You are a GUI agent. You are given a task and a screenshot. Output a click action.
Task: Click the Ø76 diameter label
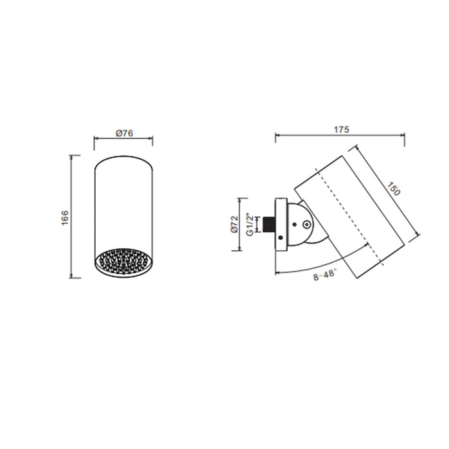point(125,133)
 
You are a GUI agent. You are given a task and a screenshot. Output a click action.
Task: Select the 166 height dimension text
point(65,217)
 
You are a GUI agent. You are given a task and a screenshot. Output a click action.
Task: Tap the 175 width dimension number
point(342,130)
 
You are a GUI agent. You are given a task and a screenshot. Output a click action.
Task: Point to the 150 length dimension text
point(393,189)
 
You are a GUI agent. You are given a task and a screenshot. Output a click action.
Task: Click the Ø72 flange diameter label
point(234,224)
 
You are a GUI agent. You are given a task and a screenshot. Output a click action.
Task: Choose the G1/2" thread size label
point(250,224)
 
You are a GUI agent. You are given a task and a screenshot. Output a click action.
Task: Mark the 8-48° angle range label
point(324,275)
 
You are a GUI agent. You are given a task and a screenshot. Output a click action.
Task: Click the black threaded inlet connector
point(270,224)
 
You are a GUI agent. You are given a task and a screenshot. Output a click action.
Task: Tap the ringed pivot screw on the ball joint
point(307,224)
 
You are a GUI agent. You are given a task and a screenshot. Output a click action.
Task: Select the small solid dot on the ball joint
point(294,224)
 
